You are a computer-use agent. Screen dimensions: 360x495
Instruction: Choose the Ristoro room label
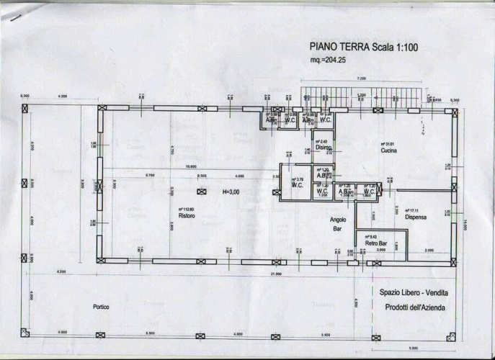pos(187,216)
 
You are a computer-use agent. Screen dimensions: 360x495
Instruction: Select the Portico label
pos(101,307)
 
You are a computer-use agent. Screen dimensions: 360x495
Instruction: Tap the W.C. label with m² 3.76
pos(297,185)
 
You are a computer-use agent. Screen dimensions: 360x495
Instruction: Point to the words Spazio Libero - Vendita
pos(412,292)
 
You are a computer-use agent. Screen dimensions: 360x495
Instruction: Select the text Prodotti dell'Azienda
pos(412,307)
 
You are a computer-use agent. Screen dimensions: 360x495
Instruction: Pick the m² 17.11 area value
pos(414,210)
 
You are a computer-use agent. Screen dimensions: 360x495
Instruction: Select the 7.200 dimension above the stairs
pos(360,78)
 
